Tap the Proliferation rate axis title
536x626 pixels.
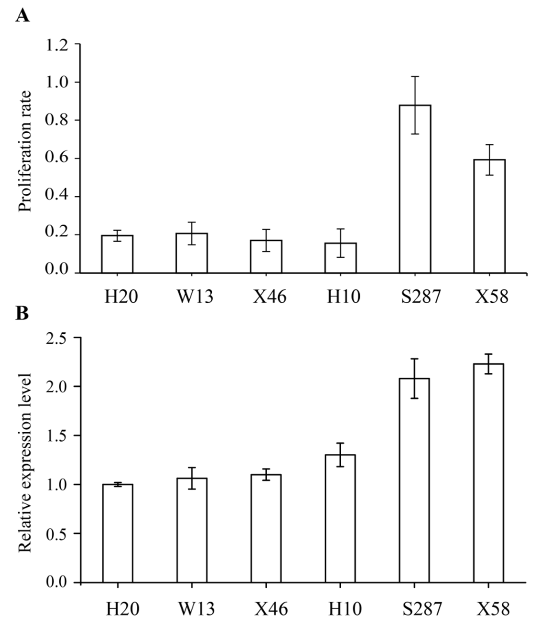25,151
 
